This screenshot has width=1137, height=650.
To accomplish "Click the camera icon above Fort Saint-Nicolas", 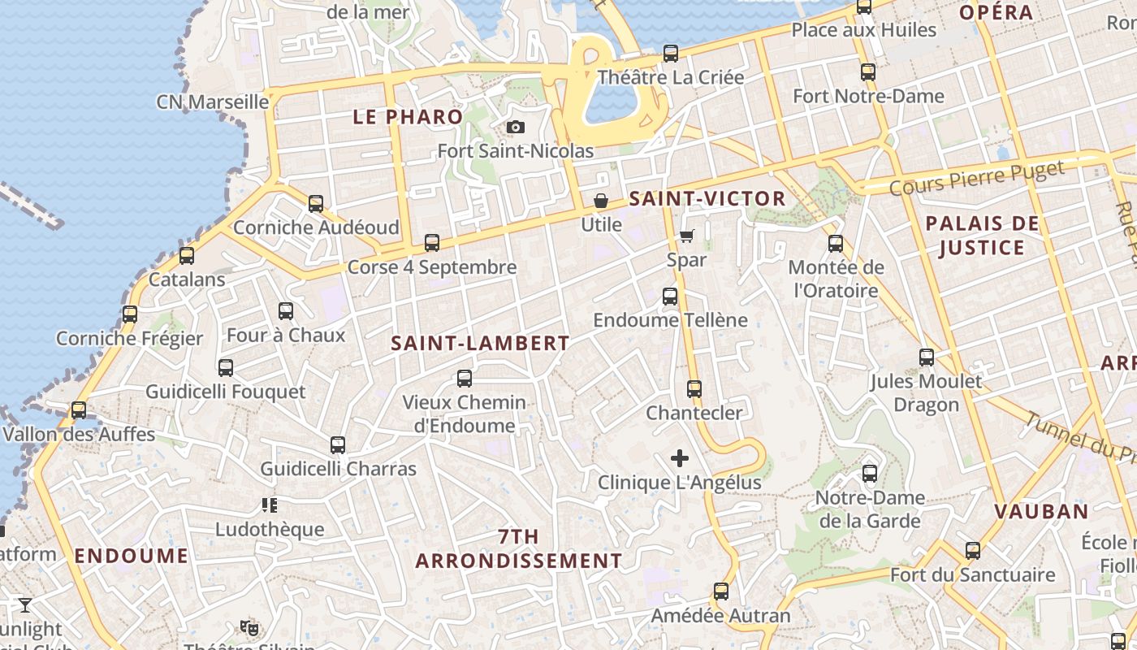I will [515, 128].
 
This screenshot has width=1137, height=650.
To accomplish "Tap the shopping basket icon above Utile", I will [601, 201].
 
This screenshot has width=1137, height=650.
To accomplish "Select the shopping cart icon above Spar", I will [686, 236].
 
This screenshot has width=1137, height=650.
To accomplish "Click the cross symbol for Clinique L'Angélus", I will [680, 459].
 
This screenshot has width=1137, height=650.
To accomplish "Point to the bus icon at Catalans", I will [187, 256].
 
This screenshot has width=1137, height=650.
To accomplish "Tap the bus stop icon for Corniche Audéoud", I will [316, 204].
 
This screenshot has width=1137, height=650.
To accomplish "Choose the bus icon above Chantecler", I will [694, 389].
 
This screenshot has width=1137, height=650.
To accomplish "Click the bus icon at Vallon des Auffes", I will [79, 410].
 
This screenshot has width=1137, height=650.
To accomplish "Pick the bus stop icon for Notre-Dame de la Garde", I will [870, 474].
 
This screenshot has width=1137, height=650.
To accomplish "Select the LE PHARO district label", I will [408, 117].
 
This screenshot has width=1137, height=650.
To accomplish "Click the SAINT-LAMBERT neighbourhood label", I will [480, 344].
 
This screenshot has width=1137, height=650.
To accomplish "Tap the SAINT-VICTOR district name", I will [707, 199].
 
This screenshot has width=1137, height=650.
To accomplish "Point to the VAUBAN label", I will [1041, 512].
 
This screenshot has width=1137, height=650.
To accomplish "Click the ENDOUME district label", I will [132, 557].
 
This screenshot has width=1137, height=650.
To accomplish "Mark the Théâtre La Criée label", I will [670, 78].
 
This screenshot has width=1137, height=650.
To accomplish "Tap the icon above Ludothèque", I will [270, 506].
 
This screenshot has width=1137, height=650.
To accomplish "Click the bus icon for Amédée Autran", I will [720, 591].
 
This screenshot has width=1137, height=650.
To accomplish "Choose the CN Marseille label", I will [212, 102].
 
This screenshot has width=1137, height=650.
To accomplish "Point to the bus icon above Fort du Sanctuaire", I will [973, 551].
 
